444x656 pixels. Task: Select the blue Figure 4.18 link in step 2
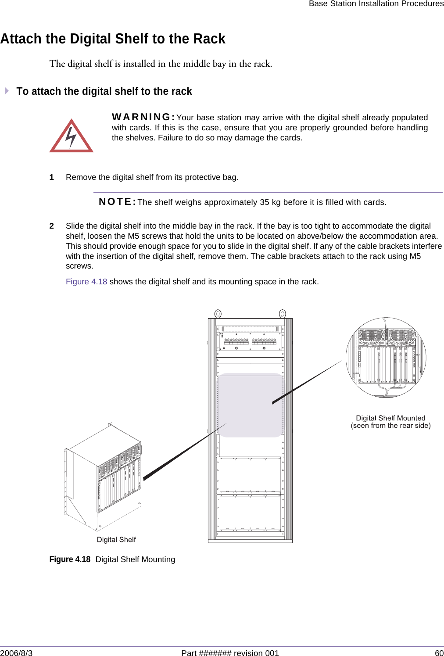pyautogui.click(x=86, y=282)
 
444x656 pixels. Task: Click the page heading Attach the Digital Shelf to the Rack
pyautogui.click(x=113, y=39)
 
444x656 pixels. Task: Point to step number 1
pyautogui.click(x=52, y=177)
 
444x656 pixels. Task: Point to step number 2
pyautogui.click(x=52, y=226)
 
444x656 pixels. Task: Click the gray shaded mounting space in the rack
pyautogui.click(x=250, y=405)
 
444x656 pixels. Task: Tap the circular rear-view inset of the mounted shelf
pyautogui.click(x=386, y=358)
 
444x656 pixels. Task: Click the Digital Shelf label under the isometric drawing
pyautogui.click(x=116, y=540)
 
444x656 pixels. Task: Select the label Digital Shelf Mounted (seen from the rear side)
pyautogui.click(x=390, y=422)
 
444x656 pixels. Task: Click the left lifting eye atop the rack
pyautogui.click(x=218, y=314)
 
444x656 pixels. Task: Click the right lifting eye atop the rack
pyautogui.click(x=283, y=314)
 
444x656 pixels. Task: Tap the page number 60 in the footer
pyautogui.click(x=439, y=653)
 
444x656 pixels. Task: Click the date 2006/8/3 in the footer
pyautogui.click(x=16, y=653)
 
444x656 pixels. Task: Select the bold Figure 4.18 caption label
pyautogui.click(x=70, y=559)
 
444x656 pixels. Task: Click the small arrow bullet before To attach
pyautogui.click(x=7, y=91)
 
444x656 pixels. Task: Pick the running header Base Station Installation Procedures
pyautogui.click(x=376, y=4)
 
